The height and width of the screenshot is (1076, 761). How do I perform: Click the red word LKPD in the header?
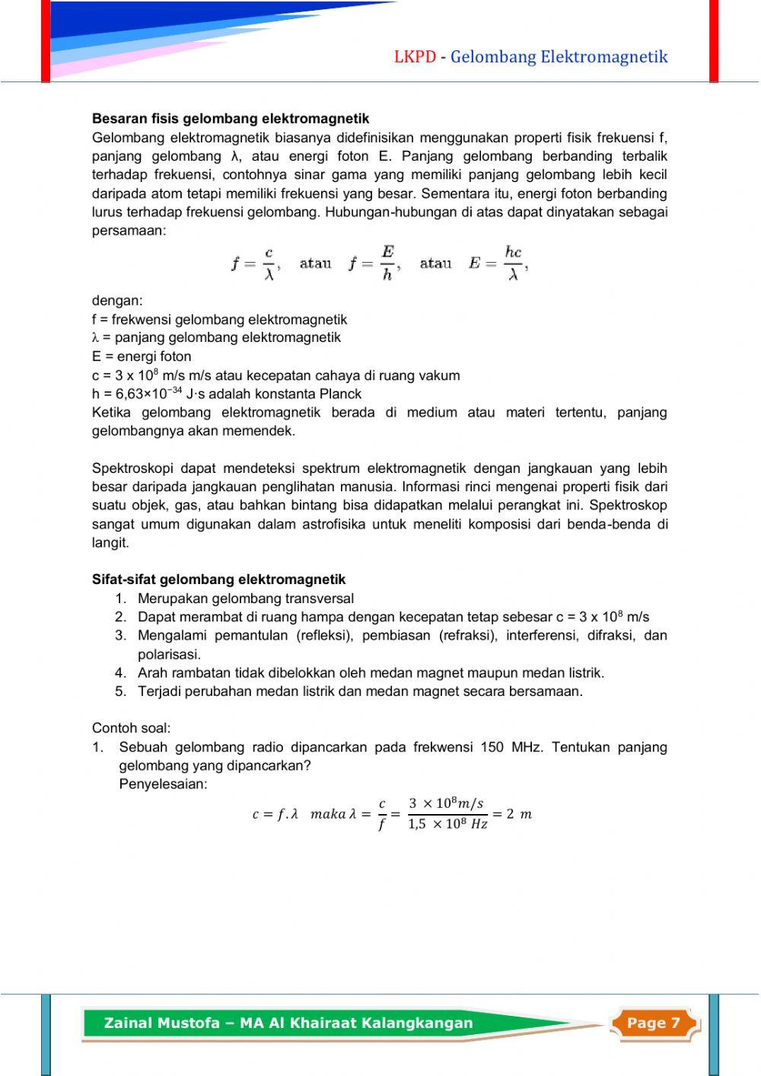pyautogui.click(x=415, y=57)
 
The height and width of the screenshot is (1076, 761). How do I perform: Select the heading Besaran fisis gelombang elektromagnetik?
pyautogui.click(x=231, y=119)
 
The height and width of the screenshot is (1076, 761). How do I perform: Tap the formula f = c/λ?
pyautogui.click(x=256, y=263)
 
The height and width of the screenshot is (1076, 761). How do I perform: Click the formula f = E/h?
pyautogui.click(x=374, y=263)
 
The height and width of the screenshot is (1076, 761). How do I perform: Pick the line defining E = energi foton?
pyautogui.click(x=142, y=356)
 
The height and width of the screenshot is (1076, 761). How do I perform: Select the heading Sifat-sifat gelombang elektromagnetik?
pyautogui.click(x=218, y=580)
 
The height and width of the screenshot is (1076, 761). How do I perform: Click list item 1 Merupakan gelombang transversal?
pyautogui.click(x=245, y=599)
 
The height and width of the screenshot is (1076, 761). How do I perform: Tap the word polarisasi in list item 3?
pyautogui.click(x=169, y=654)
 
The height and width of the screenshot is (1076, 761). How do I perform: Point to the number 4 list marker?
pyautogui.click(x=120, y=673)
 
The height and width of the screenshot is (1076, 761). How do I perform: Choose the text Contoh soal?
pyautogui.click(x=131, y=728)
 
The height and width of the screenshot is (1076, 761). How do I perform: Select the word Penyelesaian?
pyautogui.click(x=163, y=784)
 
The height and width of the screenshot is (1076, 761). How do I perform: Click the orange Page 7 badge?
pyautogui.click(x=653, y=1023)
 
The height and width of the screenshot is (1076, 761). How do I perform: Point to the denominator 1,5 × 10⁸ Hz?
pyautogui.click(x=447, y=825)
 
